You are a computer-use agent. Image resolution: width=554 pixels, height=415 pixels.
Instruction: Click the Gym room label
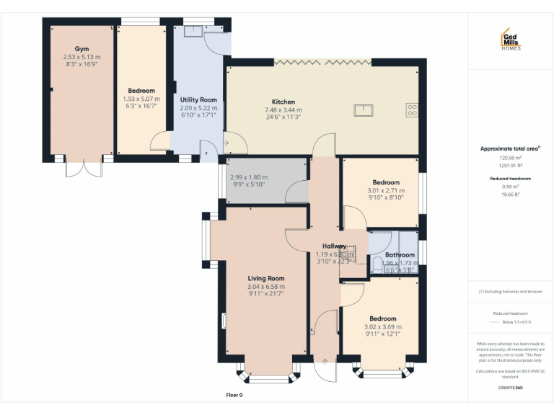(x=82, y=49)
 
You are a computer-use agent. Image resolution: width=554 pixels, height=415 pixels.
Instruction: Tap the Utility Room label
(x=198, y=99)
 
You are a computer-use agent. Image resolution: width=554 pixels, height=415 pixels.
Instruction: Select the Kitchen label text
(x=283, y=102)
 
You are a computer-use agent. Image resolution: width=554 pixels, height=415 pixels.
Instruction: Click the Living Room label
(x=266, y=278)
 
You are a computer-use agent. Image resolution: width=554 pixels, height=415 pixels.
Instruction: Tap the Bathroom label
(x=400, y=255)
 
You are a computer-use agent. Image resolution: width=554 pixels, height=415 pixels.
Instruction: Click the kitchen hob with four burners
(x=413, y=110)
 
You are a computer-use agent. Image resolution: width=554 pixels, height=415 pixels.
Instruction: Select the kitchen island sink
(x=362, y=110)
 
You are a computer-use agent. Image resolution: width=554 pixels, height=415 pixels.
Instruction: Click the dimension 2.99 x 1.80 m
(x=248, y=177)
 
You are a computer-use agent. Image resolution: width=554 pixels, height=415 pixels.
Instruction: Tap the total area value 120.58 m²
(x=510, y=158)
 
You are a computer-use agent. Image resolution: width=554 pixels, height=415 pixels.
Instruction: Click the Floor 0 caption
(x=234, y=395)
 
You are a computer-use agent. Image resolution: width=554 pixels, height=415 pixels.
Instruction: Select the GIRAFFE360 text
(x=511, y=389)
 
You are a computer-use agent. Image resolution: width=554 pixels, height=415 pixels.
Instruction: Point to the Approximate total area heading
(x=510, y=148)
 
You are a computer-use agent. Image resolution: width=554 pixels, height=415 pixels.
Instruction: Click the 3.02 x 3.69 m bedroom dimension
(x=383, y=327)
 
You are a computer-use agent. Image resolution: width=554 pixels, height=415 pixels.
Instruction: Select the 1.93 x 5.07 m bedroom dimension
(x=141, y=99)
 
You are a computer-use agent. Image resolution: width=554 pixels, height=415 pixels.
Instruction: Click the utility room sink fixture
(x=193, y=31)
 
